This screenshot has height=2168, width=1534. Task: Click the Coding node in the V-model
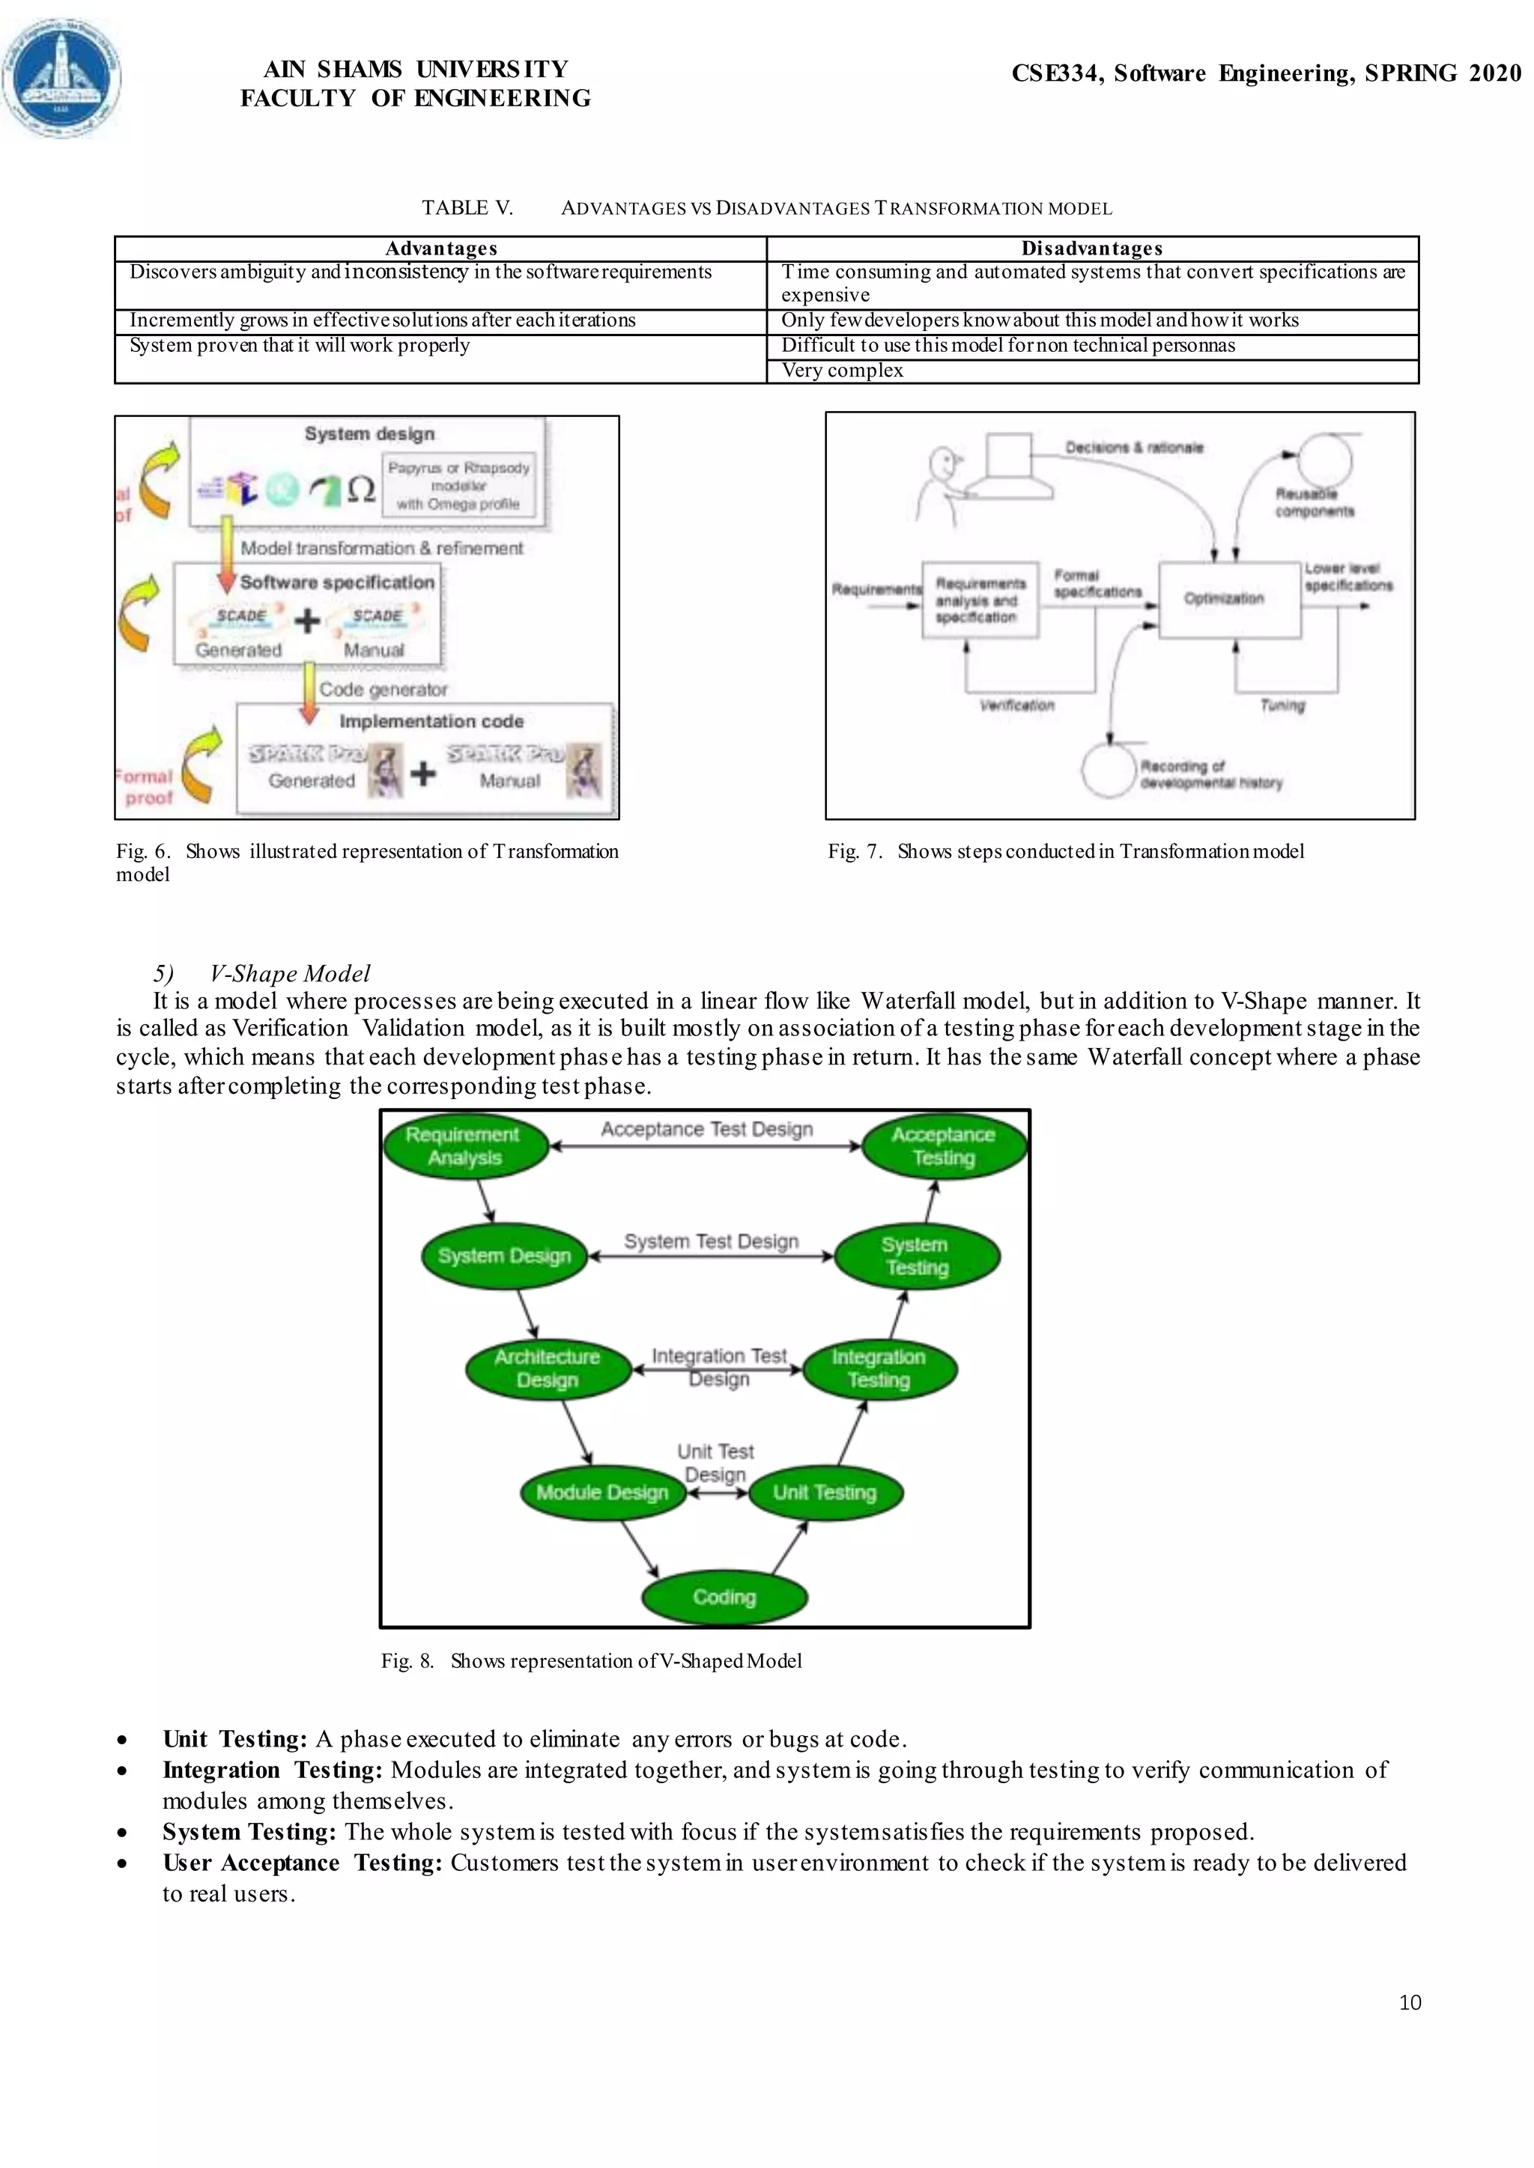pyautogui.click(x=724, y=1597)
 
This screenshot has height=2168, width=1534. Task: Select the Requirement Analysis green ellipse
pyautogui.click(x=464, y=1146)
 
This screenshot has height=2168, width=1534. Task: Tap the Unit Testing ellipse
pyautogui.click(x=825, y=1493)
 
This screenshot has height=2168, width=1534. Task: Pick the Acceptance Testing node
pyautogui.click(x=944, y=1146)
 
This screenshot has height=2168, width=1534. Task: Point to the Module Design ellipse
pyautogui.click(x=603, y=1493)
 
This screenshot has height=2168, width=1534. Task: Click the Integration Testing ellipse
pyautogui.click(x=879, y=1369)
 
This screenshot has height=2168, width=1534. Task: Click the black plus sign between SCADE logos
pyautogui.click(x=307, y=621)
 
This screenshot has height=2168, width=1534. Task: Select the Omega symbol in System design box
pyautogui.click(x=361, y=489)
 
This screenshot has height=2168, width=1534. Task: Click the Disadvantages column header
pyautogui.click(x=1091, y=249)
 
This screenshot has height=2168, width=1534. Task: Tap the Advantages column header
pyautogui.click(x=441, y=249)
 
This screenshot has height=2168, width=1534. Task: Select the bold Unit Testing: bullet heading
pyautogui.click(x=234, y=1739)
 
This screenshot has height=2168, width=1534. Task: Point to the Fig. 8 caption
pyautogui.click(x=591, y=1661)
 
